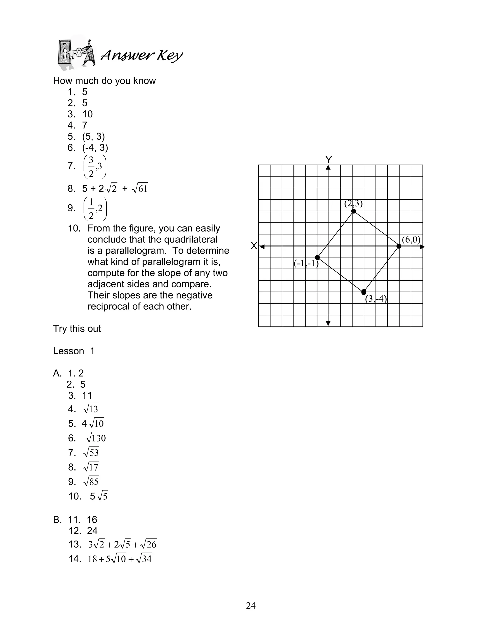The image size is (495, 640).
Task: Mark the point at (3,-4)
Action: click(x=364, y=292)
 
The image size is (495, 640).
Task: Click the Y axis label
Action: click(x=328, y=160)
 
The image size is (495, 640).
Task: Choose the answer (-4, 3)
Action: click(x=95, y=148)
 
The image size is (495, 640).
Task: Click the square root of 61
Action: click(x=140, y=189)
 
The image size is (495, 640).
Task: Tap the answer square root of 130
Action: click(x=96, y=438)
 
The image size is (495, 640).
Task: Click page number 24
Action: click(x=251, y=605)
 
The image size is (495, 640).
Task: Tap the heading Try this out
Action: click(x=77, y=329)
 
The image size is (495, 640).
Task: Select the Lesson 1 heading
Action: click(x=74, y=351)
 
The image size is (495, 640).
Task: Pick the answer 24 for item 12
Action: click(x=92, y=531)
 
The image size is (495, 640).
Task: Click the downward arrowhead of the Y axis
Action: click(x=328, y=324)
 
